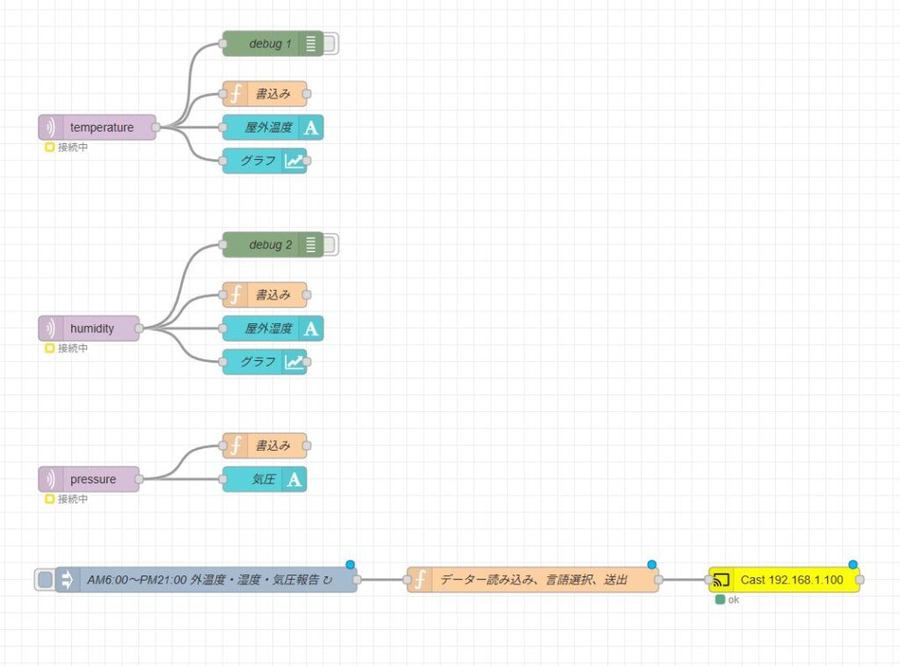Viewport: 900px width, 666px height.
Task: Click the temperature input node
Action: coord(98,127)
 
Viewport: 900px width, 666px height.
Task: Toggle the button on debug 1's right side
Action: coord(331,44)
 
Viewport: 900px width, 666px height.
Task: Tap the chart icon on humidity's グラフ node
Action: coord(294,362)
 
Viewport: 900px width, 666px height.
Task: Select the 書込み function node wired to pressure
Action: coord(265,446)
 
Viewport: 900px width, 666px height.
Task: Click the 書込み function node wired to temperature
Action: coord(265,94)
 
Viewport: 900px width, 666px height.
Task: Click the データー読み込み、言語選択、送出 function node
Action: coord(533,580)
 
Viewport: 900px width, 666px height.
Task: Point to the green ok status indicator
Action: coord(721,600)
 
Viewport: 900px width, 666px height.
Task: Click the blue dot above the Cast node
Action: coord(853,564)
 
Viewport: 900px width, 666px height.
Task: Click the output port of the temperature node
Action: coord(156,127)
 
